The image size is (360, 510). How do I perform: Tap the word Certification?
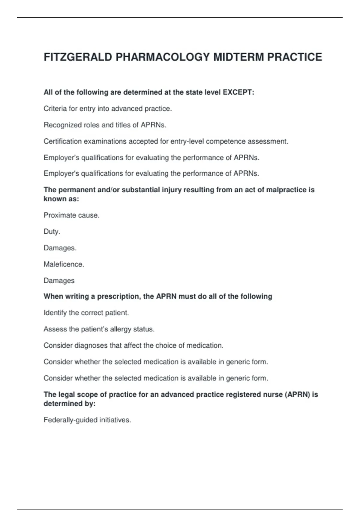[x=62, y=141]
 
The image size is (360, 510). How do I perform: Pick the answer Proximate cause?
[x=71, y=215]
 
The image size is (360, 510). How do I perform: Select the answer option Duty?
[x=52, y=232]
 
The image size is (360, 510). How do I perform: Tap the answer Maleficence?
[x=64, y=264]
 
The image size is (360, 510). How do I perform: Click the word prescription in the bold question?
[x=118, y=296]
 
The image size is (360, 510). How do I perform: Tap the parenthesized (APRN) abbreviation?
[x=297, y=394]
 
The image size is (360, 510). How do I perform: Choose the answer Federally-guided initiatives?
[x=87, y=420]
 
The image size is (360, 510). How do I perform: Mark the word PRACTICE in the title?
[x=294, y=57]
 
